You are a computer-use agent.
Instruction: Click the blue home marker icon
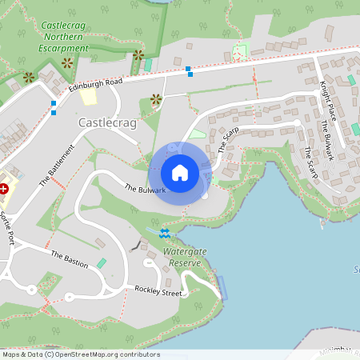(180, 172)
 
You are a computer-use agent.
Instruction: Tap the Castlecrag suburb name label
(106, 123)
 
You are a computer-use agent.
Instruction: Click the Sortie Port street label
(7, 227)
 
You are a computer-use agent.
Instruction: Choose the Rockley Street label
(158, 292)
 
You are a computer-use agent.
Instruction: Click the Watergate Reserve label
(185, 256)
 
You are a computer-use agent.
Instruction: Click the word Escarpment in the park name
(63, 48)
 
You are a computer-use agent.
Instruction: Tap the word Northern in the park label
(63, 37)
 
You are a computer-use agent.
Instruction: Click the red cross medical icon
(4, 189)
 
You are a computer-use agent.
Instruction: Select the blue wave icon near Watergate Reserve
(165, 233)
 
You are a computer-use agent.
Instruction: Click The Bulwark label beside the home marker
(145, 189)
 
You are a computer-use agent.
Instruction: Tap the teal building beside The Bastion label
(102, 263)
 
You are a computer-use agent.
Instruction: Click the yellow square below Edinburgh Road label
(87, 97)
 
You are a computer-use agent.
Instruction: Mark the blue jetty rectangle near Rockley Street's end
(222, 287)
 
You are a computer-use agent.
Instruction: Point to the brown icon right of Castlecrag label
(155, 99)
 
